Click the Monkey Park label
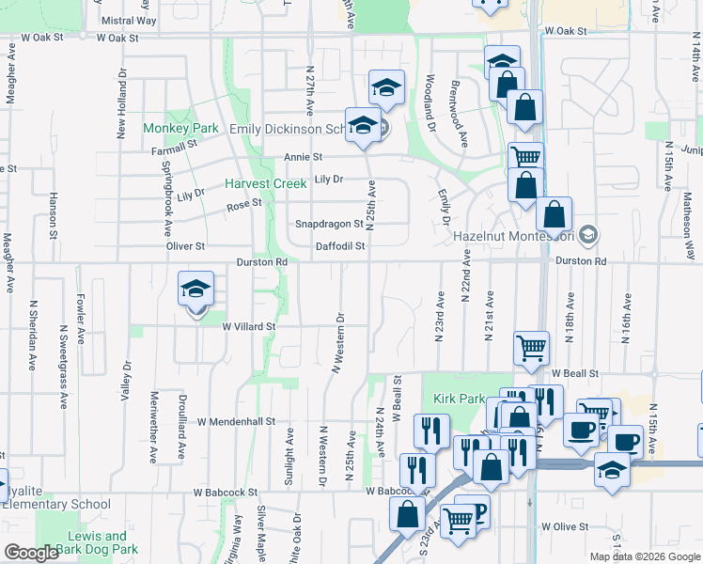[x=180, y=128]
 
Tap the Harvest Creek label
[x=264, y=184]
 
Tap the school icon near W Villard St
[x=196, y=291]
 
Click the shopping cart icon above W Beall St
[x=531, y=349]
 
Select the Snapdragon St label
[x=329, y=224]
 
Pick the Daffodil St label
[x=340, y=245]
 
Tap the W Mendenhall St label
[x=235, y=422]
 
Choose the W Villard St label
[x=248, y=326]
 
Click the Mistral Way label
[x=128, y=20]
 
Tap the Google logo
[x=30, y=553]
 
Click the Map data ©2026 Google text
[x=644, y=556]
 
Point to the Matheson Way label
[x=688, y=222]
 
